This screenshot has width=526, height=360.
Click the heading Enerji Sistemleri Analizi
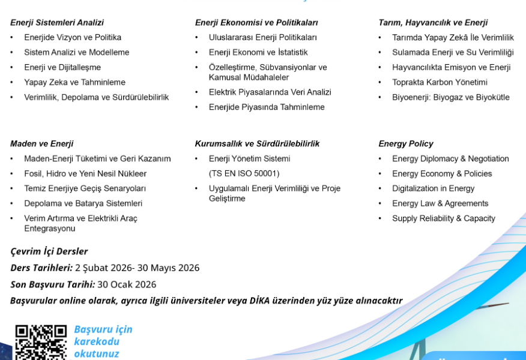[57, 23]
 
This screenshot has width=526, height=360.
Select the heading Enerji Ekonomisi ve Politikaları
[256, 23]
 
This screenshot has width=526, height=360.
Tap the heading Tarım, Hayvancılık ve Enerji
[433, 23]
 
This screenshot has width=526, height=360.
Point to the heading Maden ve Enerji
[42, 144]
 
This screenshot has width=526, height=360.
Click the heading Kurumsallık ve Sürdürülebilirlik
[257, 144]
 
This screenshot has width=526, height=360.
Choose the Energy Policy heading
[406, 144]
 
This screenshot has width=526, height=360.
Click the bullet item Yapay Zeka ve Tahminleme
[74, 82]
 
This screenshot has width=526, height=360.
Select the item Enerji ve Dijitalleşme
[62, 67]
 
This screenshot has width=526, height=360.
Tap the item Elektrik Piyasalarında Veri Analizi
[270, 92]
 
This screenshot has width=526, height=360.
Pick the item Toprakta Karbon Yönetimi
[440, 82]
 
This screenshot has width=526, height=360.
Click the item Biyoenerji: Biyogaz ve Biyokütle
[450, 97]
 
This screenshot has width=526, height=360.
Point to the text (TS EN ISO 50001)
[244, 174]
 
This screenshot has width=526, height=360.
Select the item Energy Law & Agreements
[440, 203]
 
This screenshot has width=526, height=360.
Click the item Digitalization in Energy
[433, 188]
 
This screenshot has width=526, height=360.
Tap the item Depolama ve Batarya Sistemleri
[83, 203]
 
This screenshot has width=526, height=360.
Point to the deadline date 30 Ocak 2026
[127, 284]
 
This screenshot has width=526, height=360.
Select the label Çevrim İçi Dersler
[49, 251]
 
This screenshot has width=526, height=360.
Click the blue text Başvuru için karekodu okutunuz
[103, 341]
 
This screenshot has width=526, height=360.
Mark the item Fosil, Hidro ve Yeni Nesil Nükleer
[85, 174]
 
